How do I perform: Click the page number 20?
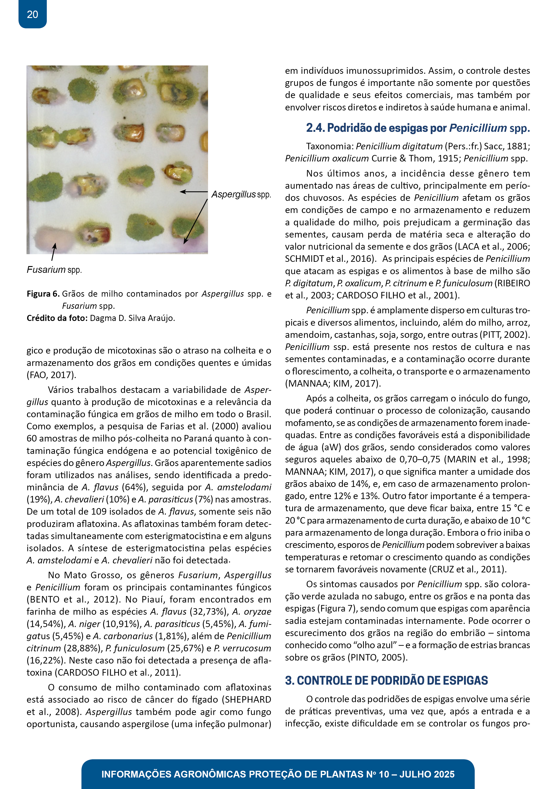32,14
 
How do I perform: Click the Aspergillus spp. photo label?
241,195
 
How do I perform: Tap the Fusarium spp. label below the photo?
54,270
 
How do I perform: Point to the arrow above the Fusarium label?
53,252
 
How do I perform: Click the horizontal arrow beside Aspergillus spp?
194,192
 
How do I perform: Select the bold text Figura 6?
43,294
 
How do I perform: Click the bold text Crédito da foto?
57,318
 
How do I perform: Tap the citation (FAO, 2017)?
51,375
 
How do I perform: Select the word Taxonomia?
329,146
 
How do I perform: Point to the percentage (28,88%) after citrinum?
83,648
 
